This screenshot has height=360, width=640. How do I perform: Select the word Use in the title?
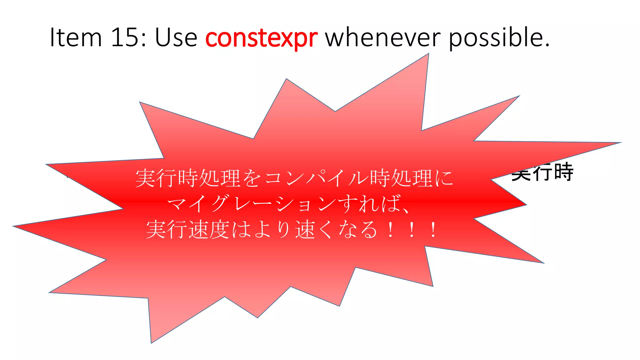point(176,37)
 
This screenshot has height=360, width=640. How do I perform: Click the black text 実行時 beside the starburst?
point(542,172)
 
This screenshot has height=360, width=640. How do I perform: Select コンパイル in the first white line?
point(317,178)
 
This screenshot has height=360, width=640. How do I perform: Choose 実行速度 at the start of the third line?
point(188,230)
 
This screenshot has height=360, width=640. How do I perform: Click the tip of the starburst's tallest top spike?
point(428,54)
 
